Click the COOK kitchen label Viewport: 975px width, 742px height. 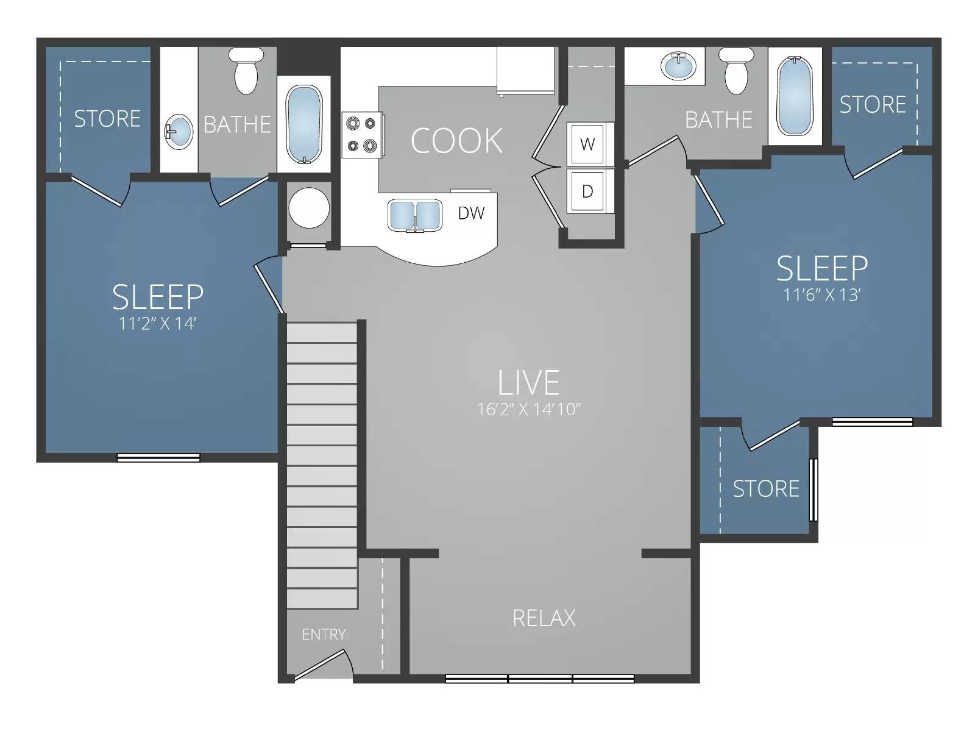[x=456, y=141]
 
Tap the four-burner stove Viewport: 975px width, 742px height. [x=361, y=135]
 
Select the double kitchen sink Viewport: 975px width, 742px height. [x=415, y=215]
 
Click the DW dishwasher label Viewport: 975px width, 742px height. [x=471, y=213]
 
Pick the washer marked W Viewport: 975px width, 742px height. [x=587, y=144]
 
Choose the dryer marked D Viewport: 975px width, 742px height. [x=587, y=191]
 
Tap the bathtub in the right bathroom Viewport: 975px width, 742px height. [x=795, y=96]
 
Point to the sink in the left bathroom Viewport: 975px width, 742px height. [x=178, y=131]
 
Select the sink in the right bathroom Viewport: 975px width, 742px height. [x=679, y=66]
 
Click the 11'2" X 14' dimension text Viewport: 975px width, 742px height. [x=157, y=324]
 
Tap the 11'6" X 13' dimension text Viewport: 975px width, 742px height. [x=821, y=295]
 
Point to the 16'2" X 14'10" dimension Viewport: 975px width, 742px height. [x=528, y=409]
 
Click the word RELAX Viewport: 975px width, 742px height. [x=544, y=618]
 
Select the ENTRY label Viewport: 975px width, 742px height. [x=324, y=635]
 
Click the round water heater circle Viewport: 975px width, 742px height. [x=309, y=208]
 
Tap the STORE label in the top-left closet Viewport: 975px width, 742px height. [x=107, y=118]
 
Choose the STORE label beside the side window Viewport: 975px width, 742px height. [x=765, y=489]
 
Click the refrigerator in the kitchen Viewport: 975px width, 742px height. [x=525, y=70]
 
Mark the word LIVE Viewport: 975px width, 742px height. [x=528, y=383]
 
